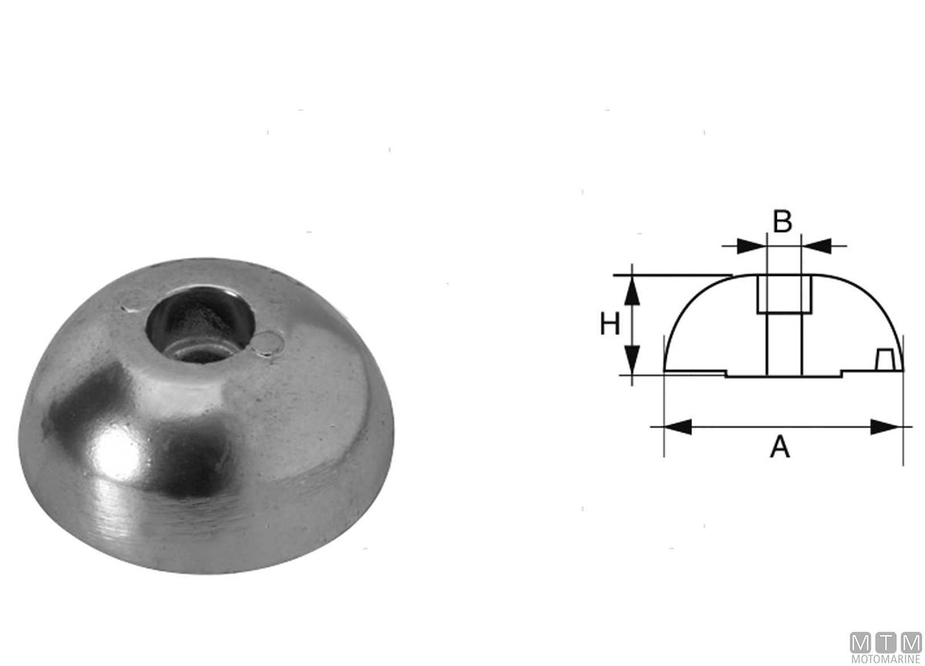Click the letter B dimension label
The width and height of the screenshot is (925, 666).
click(782, 222)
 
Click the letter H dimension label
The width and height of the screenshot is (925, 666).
click(609, 324)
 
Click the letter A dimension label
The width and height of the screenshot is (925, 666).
click(779, 448)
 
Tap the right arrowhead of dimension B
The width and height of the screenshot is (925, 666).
click(816, 246)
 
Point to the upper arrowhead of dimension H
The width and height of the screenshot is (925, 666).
click(632, 291)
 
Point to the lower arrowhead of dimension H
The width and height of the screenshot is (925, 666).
click(632, 360)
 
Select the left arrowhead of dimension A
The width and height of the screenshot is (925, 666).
click(678, 427)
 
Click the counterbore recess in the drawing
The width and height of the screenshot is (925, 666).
click(784, 294)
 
